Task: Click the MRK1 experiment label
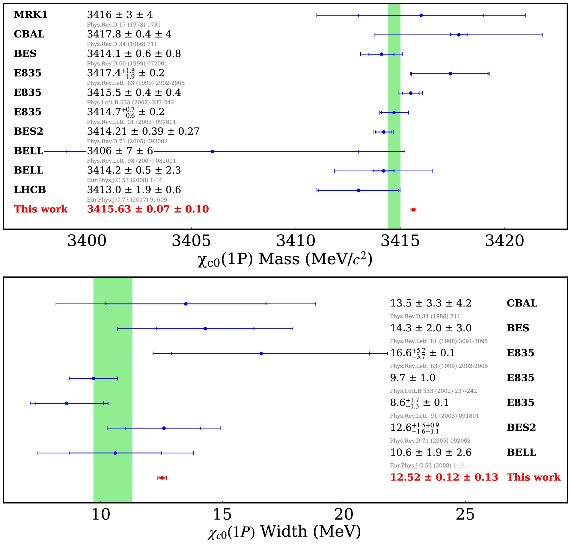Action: [x=31, y=15]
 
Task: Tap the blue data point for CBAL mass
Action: [x=458, y=35]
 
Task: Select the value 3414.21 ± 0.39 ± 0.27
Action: [x=143, y=131]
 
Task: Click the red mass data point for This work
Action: [x=413, y=210]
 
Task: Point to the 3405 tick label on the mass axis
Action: [x=191, y=241]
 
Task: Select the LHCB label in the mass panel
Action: [x=30, y=190]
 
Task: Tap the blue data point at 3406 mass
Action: [x=212, y=151]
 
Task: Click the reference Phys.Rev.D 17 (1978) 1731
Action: [x=123, y=25]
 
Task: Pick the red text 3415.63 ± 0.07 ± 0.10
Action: [x=148, y=209]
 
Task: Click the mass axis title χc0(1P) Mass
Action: [x=285, y=259]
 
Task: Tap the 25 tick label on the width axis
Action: [x=465, y=515]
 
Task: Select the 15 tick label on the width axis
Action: [x=222, y=515]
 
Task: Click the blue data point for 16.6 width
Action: [x=261, y=354]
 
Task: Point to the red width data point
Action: [x=162, y=478]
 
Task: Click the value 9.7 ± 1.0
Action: [x=412, y=378]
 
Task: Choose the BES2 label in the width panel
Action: [x=521, y=427]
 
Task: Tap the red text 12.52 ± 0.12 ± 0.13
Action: [x=444, y=477]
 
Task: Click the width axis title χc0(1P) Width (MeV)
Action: [x=284, y=532]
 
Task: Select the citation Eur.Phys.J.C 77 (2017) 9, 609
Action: [x=127, y=200]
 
